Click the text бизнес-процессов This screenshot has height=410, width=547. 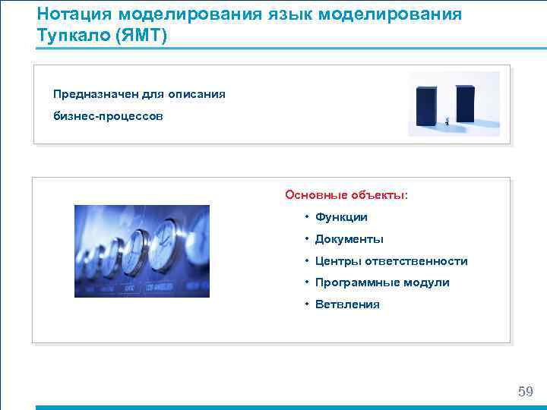coord(107,117)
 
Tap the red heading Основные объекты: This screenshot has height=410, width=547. coord(346,195)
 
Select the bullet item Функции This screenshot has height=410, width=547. coord(341,217)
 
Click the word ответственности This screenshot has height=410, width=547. coord(416,261)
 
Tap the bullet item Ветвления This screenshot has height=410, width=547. coord(347,304)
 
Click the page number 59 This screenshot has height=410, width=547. coord(525,392)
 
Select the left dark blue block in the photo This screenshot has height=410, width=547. coord(426,104)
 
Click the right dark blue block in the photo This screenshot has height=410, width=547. coord(464,102)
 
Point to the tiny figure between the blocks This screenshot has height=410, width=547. coord(447,120)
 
